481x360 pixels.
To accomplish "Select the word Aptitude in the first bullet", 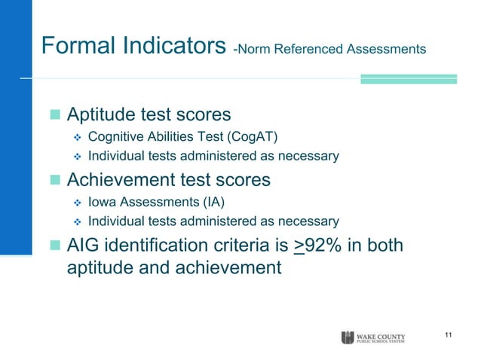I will (x=100, y=116).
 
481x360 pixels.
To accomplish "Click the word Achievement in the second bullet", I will (x=119, y=181).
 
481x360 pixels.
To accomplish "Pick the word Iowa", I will (x=102, y=202).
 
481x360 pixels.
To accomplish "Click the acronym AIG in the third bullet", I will (x=84, y=246).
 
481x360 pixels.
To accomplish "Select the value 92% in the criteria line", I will (x=328, y=246).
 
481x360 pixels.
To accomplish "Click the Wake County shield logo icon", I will (x=348, y=336).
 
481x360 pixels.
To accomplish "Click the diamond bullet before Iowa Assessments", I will (x=75, y=203).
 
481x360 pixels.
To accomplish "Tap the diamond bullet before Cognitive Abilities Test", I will (x=75, y=138).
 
